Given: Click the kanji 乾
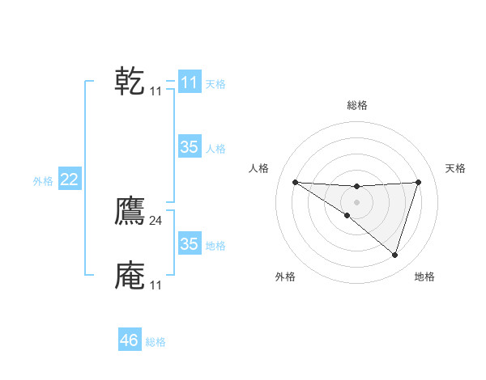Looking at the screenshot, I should pyautogui.click(x=130, y=82).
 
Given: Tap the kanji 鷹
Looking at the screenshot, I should pyautogui.click(x=130, y=212).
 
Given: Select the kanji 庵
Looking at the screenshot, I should pyautogui.click(x=130, y=276).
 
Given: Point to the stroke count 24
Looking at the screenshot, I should pyautogui.click(x=156, y=221).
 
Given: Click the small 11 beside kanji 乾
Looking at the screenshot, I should pyautogui.click(x=156, y=91).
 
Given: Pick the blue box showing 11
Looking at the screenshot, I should pyautogui.click(x=189, y=82).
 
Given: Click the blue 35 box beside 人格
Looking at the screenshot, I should pyautogui.click(x=189, y=147).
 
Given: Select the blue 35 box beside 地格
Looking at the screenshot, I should pyautogui.click(x=189, y=244).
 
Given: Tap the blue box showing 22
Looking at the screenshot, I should pyautogui.click(x=69, y=179).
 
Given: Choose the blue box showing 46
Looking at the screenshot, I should pyautogui.click(x=129, y=340).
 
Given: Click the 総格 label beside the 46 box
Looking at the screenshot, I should pyautogui.click(x=156, y=342).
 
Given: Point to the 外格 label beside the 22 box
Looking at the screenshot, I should pyautogui.click(x=43, y=181).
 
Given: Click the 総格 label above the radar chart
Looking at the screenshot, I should pyautogui.click(x=356, y=105).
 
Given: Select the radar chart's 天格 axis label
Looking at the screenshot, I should pyautogui.click(x=456, y=168).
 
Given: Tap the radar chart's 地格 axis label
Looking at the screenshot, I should pyautogui.click(x=424, y=277).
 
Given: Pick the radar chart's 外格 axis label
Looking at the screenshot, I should pyautogui.click(x=285, y=277).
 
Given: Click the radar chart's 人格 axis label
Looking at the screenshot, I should pyautogui.click(x=259, y=168).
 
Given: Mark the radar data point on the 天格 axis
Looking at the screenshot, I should pyautogui.click(x=418, y=182).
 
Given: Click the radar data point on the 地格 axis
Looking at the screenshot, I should pyautogui.click(x=394, y=255).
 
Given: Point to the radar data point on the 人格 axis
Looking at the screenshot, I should pyautogui.click(x=295, y=182).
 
